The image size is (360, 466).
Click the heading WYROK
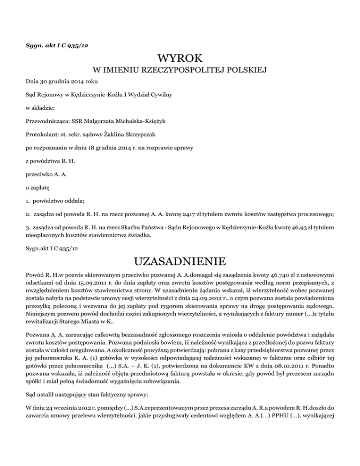(180, 59)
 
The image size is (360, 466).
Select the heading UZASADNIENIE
(180, 260)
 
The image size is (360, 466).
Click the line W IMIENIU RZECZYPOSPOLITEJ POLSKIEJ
(180, 71)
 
